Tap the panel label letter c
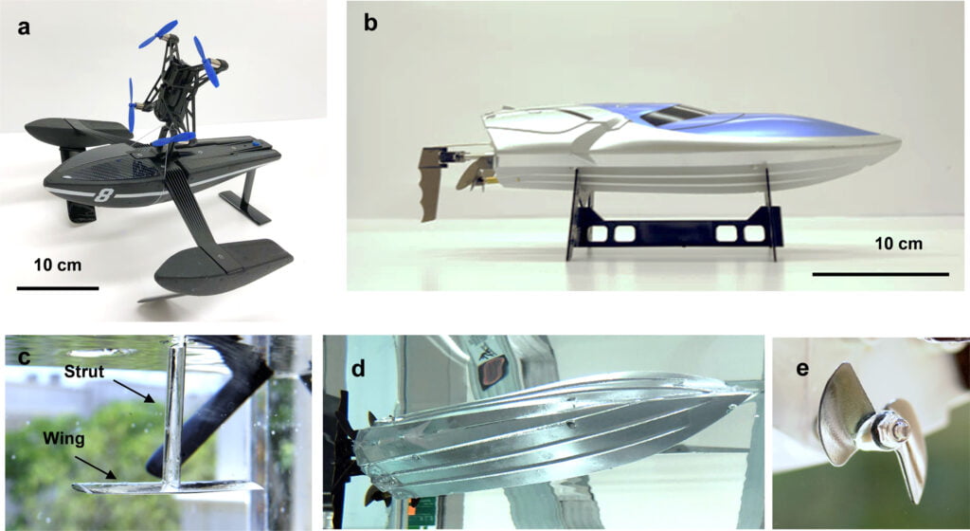[20, 359]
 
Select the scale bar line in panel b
[880, 274]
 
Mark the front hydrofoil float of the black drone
[224, 263]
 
